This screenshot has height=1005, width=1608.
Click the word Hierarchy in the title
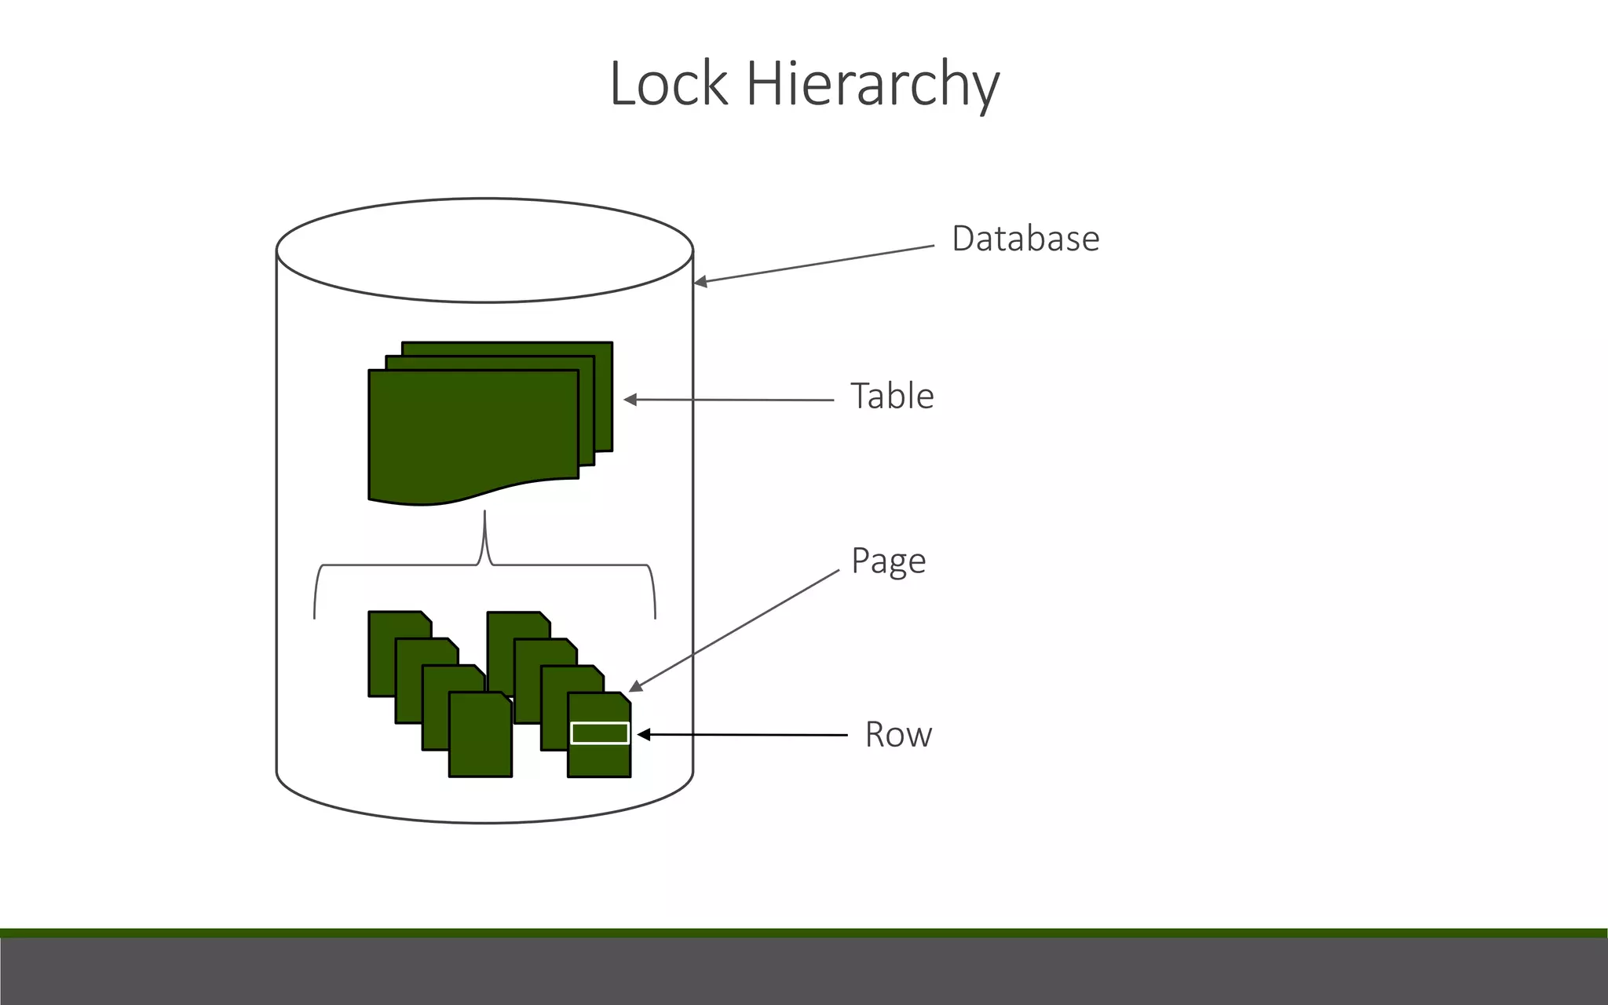tap(872, 85)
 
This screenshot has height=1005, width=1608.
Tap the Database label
tap(1025, 239)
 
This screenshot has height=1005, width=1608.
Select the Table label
tap(892, 396)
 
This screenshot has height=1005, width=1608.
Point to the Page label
tap(888, 561)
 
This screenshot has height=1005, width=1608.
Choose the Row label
tap(898, 735)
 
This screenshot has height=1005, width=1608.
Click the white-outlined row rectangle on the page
tap(600, 733)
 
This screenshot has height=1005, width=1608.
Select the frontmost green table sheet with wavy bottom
tap(471, 432)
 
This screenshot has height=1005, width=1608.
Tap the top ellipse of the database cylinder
tap(484, 250)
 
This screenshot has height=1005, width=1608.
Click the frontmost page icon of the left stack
tap(480, 738)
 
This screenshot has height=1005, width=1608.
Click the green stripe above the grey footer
tap(804, 933)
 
